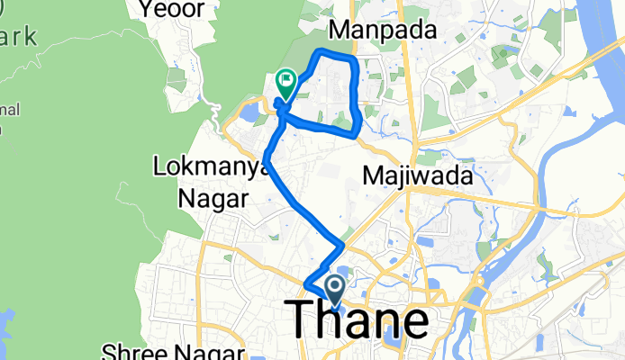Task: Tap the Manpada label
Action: (x=383, y=30)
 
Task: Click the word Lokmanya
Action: (x=200, y=166)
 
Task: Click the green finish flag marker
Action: (x=286, y=84)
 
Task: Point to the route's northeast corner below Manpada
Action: (x=354, y=58)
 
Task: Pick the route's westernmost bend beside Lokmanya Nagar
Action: (x=267, y=160)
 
